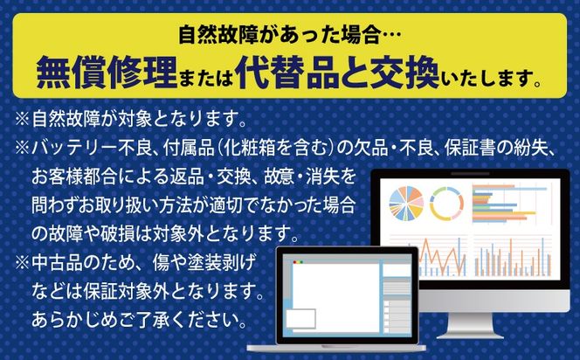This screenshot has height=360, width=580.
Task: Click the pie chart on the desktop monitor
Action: (x=407, y=204)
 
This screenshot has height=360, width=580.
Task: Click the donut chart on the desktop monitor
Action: (x=445, y=204)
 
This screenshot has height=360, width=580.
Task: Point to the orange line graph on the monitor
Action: (x=428, y=258)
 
